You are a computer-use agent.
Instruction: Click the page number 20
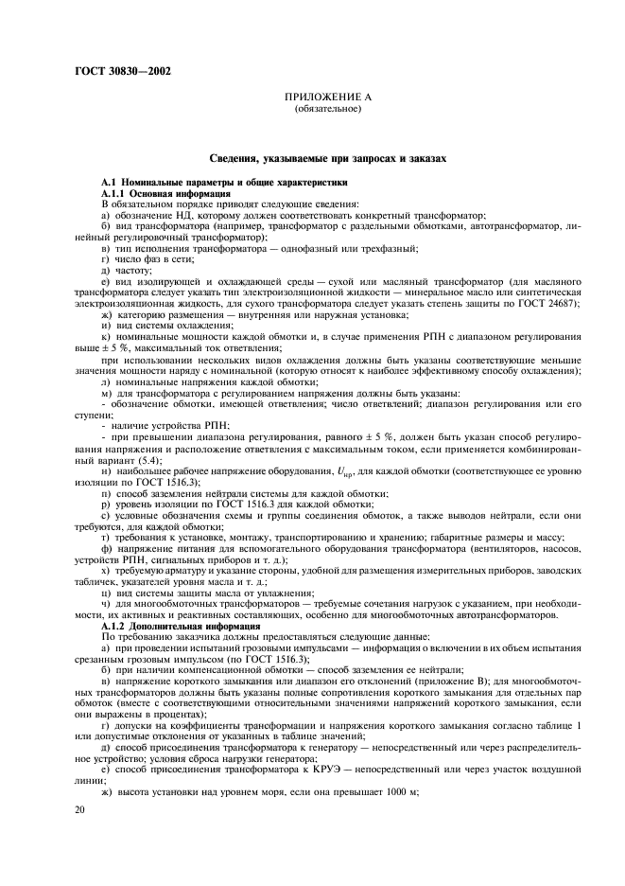click(x=81, y=810)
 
